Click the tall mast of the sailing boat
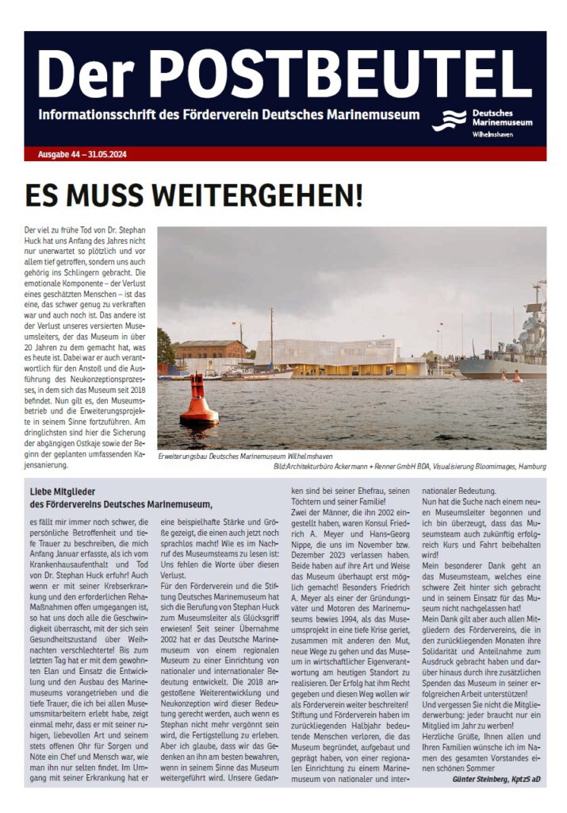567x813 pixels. point(271,333)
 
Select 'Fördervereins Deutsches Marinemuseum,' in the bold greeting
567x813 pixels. point(128,504)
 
